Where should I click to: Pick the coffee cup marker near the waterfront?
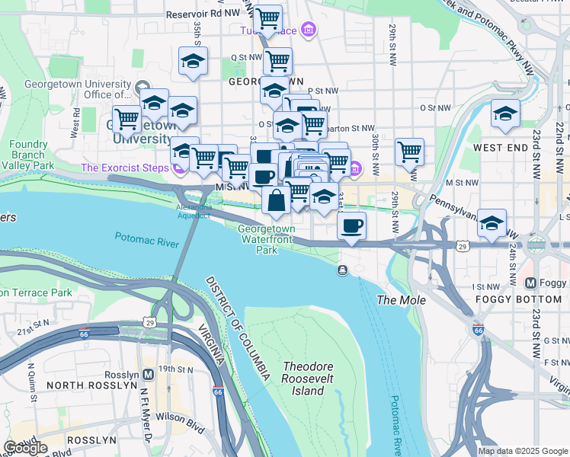(351, 225)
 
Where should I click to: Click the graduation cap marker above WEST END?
(505, 114)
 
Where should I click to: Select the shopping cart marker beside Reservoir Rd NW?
(267, 18)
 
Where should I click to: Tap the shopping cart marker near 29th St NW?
(410, 152)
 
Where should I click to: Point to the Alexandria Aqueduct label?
(193, 211)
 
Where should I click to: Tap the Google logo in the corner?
(25, 448)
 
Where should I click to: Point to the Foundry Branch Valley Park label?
(32, 155)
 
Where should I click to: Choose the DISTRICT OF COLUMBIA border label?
(237, 329)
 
